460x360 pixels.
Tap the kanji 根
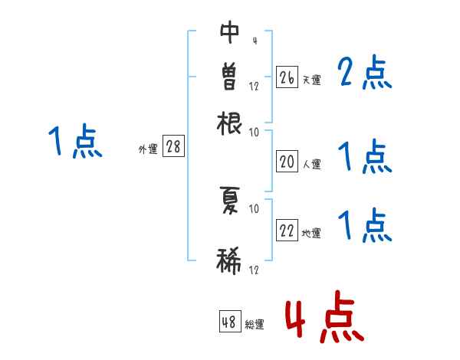click(230, 122)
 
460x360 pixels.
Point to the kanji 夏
click(230, 200)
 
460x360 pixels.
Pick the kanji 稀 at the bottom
click(230, 260)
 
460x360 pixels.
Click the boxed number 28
click(173, 147)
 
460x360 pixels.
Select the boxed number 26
click(287, 77)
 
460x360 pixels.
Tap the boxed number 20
click(287, 162)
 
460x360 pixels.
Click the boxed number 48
click(229, 322)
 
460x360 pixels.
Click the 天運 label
click(311, 80)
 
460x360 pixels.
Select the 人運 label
click(311, 164)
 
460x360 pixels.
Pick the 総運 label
click(255, 325)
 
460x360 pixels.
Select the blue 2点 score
click(365, 74)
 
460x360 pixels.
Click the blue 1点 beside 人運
click(365, 158)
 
